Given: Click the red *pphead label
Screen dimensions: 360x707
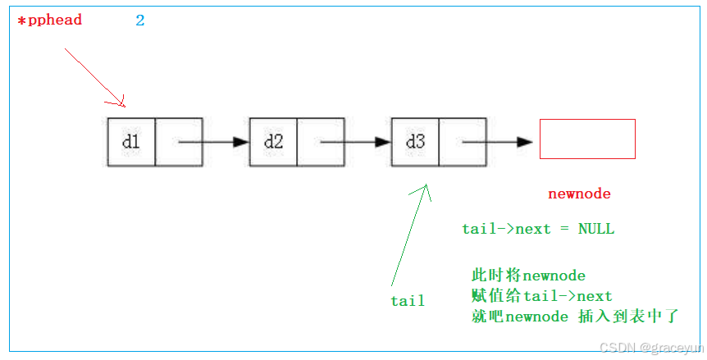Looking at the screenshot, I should pyautogui.click(x=50, y=20).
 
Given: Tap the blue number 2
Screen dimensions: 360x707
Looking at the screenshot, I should pyautogui.click(x=140, y=21).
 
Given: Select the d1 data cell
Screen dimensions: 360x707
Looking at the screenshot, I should pyautogui.click(x=131, y=142).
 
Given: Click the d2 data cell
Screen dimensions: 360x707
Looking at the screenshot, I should pyautogui.click(x=273, y=142).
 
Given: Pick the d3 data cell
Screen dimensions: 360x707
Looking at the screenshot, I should pyautogui.click(x=415, y=142).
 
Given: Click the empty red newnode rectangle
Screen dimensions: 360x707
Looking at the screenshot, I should pyautogui.click(x=587, y=139).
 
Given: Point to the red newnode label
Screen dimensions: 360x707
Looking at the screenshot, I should pyautogui.click(x=579, y=194).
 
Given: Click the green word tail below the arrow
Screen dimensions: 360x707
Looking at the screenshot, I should pyautogui.click(x=408, y=301).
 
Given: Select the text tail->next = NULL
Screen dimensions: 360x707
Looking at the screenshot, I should pyautogui.click(x=538, y=229).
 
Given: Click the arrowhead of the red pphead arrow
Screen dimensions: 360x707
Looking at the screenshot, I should pyautogui.click(x=121, y=103).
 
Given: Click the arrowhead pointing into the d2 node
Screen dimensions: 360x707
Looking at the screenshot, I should pyautogui.click(x=241, y=142).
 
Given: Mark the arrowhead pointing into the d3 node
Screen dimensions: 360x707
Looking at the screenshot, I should pyautogui.click(x=383, y=142).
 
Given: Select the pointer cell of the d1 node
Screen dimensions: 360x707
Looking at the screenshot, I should pyautogui.click(x=178, y=142).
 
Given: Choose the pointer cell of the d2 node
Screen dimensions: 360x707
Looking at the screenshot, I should pyautogui.click(x=320, y=142).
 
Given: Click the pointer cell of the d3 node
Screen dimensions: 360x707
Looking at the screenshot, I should pyautogui.click(x=462, y=142).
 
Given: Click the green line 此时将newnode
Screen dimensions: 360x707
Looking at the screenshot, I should pyautogui.click(x=528, y=275).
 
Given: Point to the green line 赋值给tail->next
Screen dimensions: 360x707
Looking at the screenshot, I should pyautogui.click(x=542, y=295).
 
